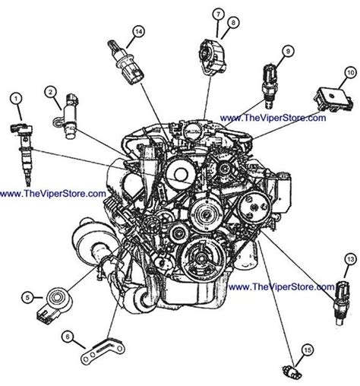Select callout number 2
click(x=52, y=93)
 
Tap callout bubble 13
click(x=349, y=260)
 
